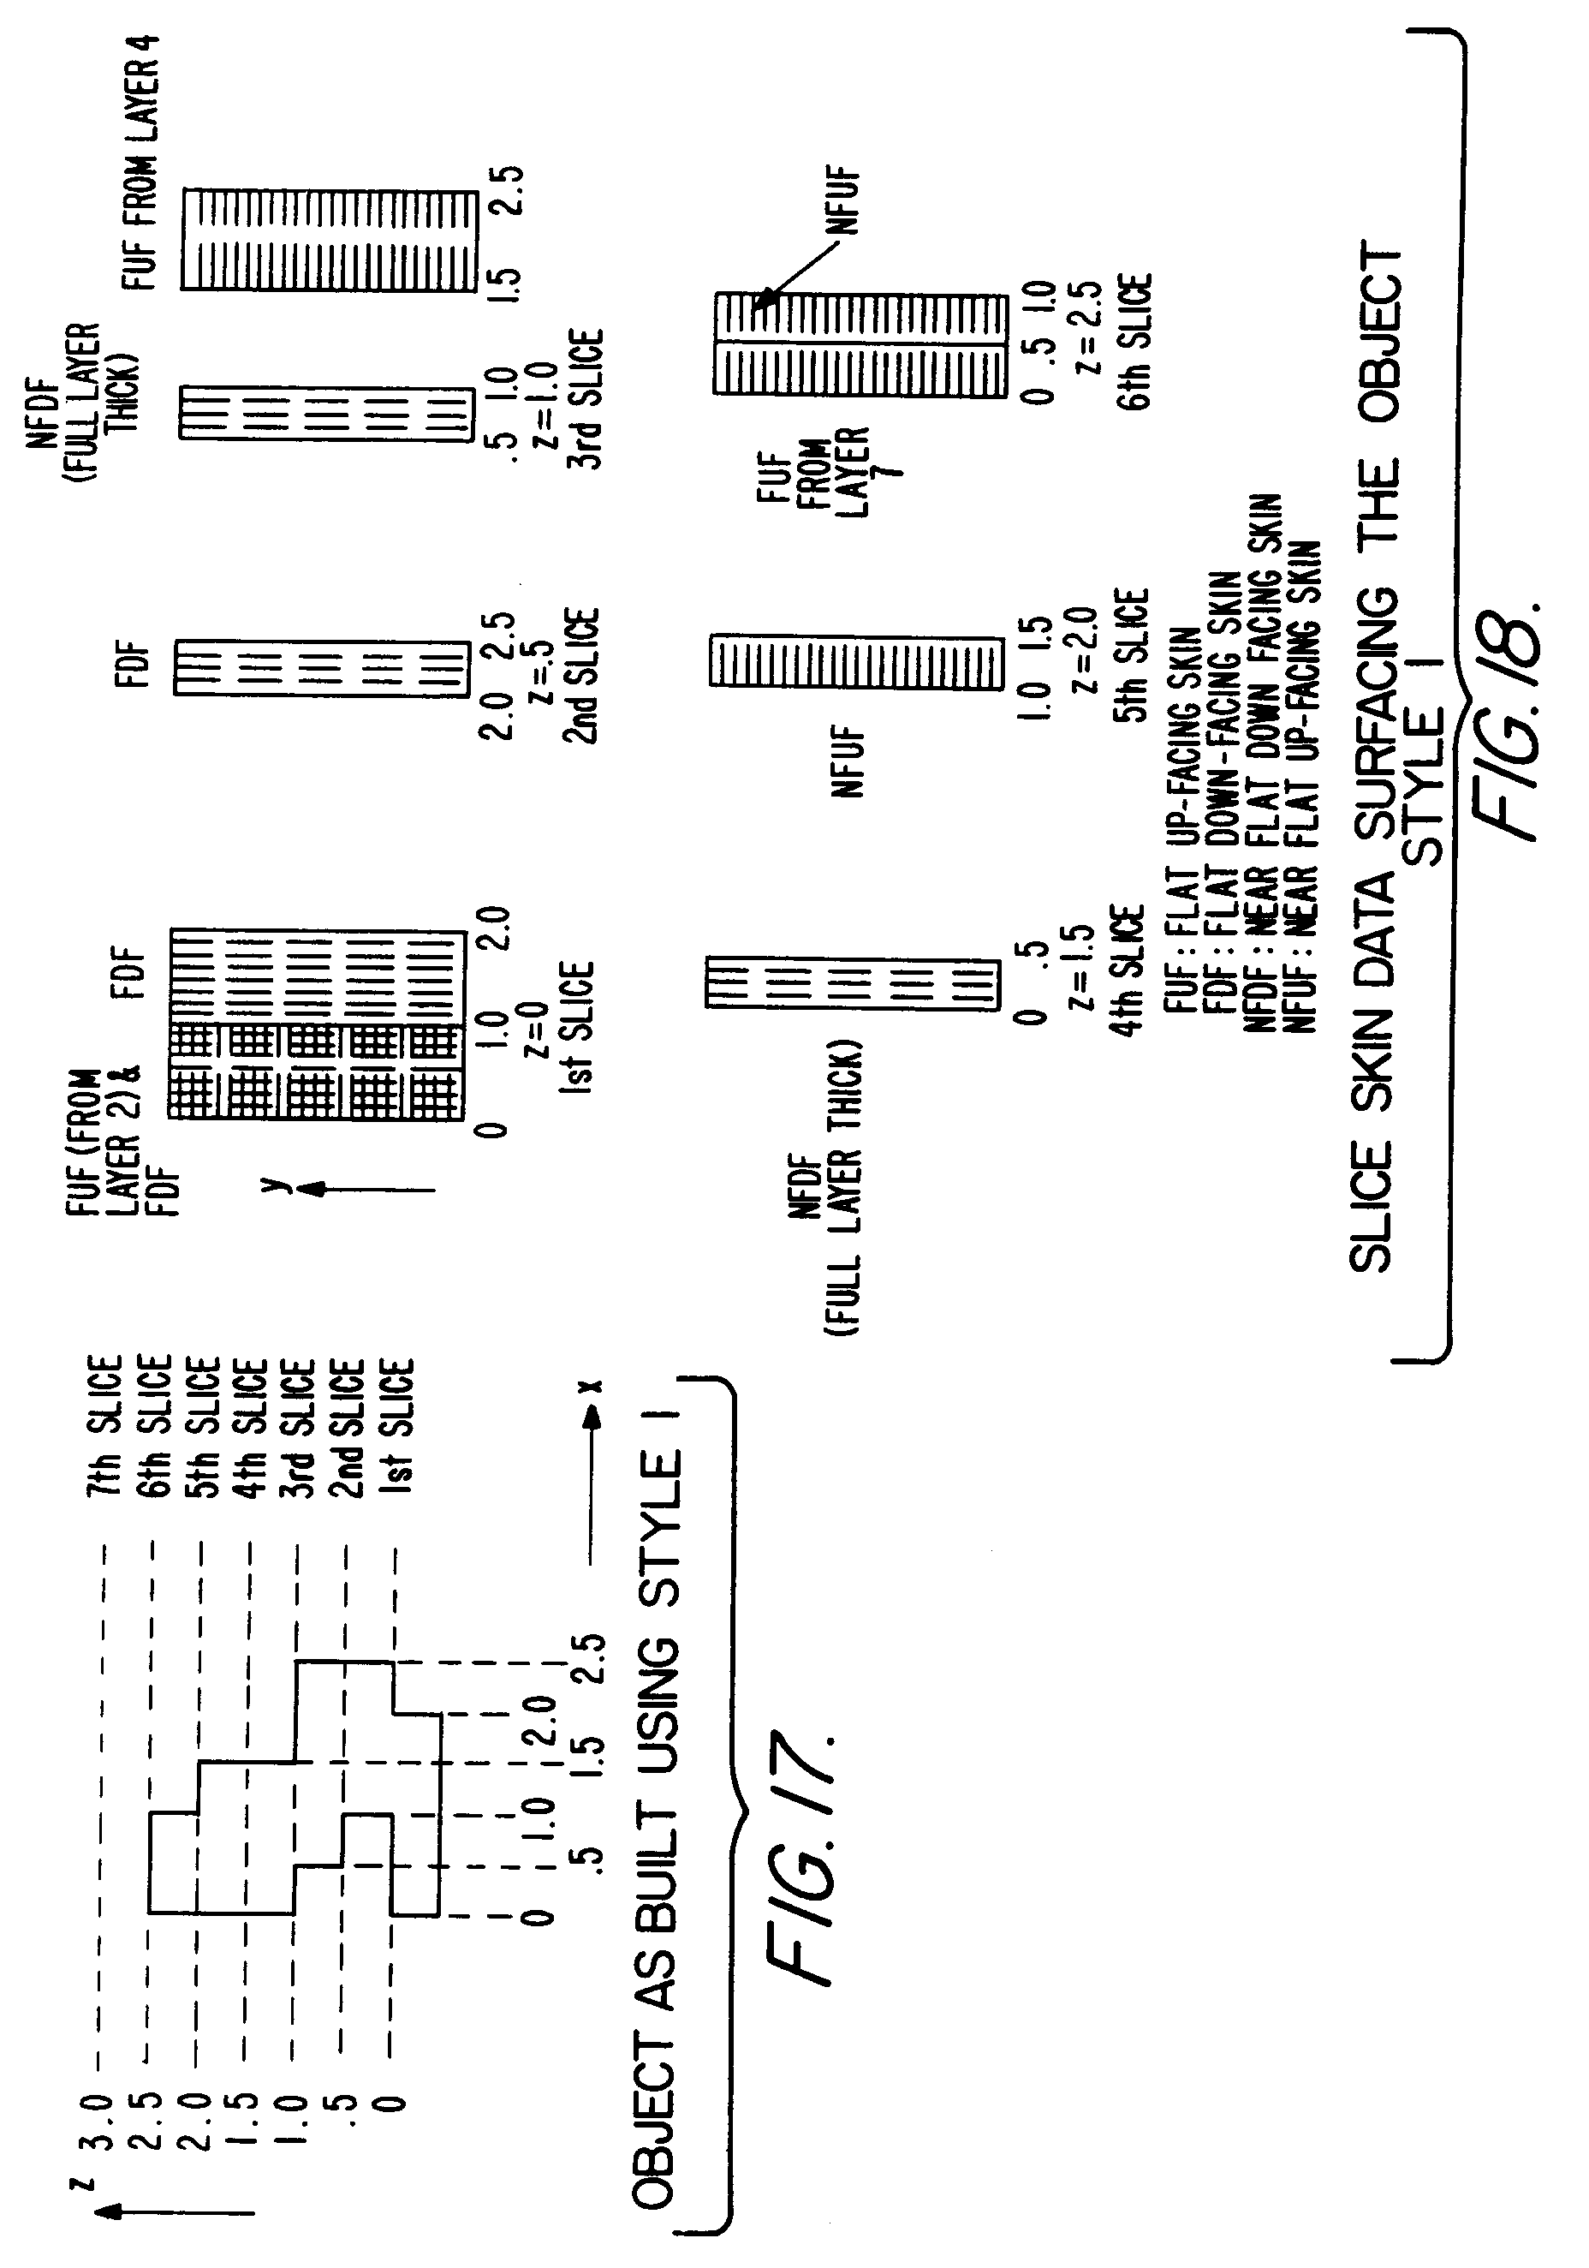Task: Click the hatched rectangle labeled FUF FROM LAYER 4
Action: coord(329,239)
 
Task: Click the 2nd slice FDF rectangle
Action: coord(322,669)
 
